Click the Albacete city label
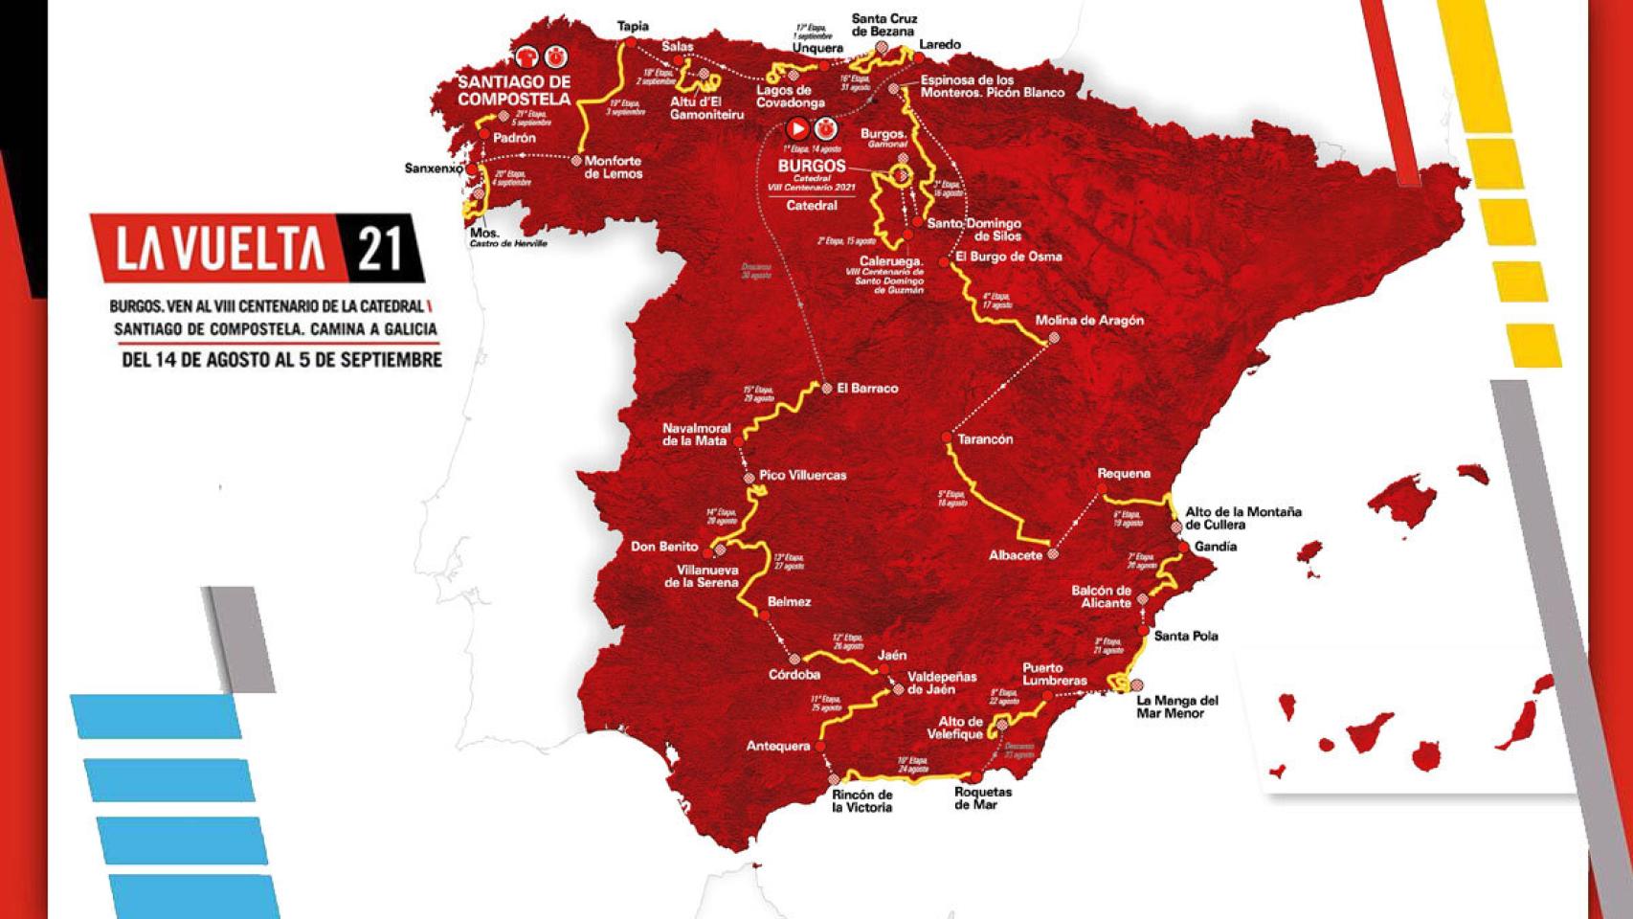[1015, 555]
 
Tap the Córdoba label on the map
[794, 675]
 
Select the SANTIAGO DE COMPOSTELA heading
[514, 90]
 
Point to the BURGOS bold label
[812, 166]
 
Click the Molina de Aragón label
[1089, 321]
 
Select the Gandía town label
[1216, 547]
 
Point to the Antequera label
[777, 746]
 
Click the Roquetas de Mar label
[982, 798]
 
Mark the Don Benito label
[664, 547]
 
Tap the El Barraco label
[866, 388]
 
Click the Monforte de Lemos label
[613, 168]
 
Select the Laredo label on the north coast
[939, 45]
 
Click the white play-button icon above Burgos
[796, 128]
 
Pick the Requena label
[1123, 474]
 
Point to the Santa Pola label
[1186, 636]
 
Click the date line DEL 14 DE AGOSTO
[280, 360]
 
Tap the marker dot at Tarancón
[946, 437]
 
